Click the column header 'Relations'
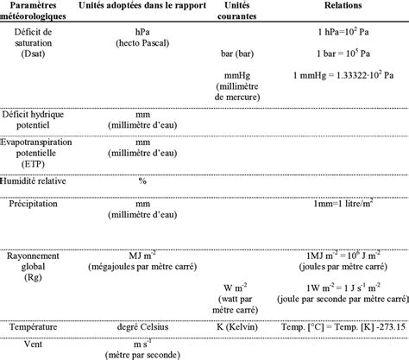point(343,5)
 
